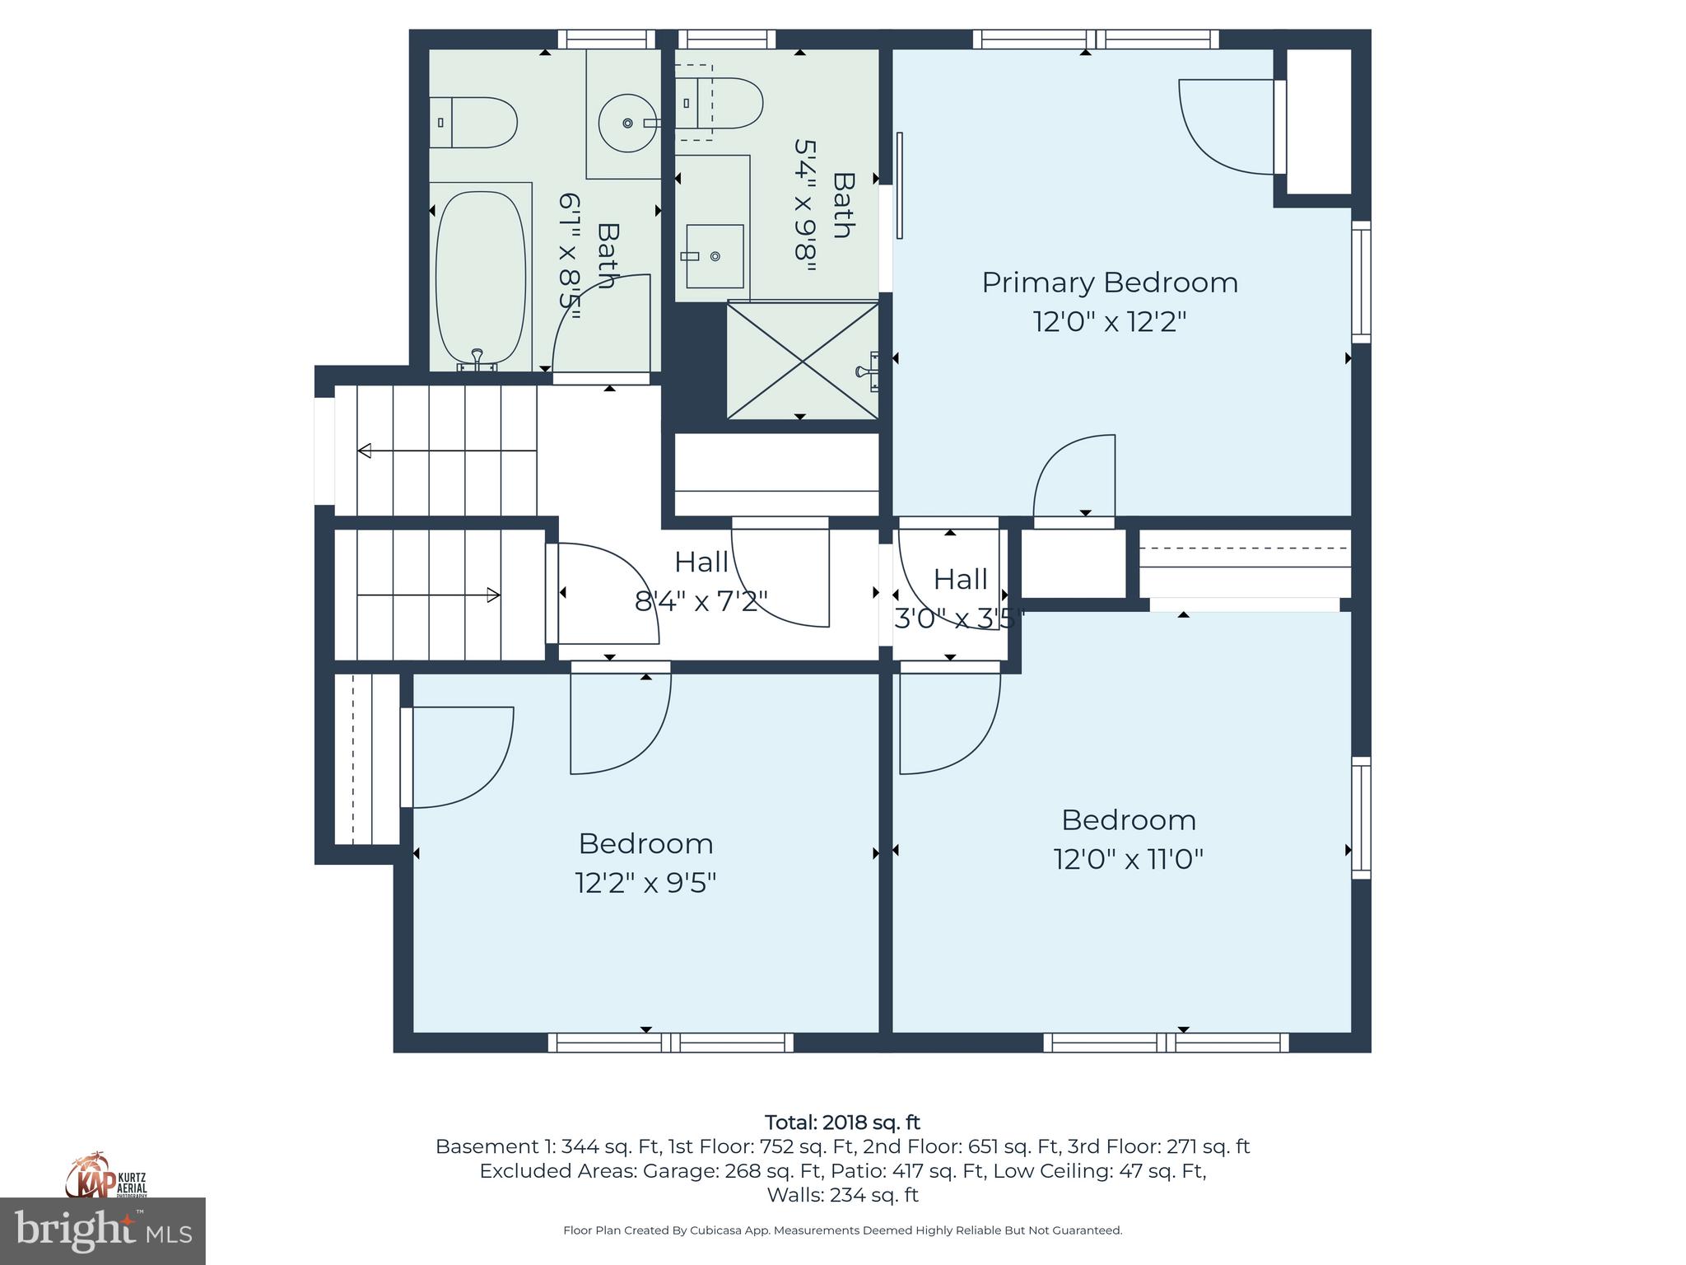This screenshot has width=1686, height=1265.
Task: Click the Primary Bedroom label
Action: coord(1109,282)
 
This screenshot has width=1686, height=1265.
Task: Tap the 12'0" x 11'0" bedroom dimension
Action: coord(1128,860)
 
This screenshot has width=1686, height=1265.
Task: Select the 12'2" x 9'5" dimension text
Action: coord(645,883)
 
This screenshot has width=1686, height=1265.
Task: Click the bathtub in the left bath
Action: coord(480,280)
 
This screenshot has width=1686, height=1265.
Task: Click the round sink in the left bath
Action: coord(626,123)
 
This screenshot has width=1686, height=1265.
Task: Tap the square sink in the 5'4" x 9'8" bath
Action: coord(714,256)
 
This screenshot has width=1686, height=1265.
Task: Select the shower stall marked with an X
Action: coord(803,361)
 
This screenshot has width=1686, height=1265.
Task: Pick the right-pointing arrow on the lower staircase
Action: coord(492,595)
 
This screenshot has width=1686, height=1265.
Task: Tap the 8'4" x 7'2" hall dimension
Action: coord(701,601)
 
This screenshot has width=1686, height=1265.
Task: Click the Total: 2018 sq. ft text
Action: coord(842,1123)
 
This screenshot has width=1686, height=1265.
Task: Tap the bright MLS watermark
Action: coord(103,1231)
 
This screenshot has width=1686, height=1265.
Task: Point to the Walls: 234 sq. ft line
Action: coord(842,1194)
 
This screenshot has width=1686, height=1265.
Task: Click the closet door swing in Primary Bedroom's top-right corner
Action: coord(1227,128)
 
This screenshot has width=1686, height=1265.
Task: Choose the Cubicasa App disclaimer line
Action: coord(842,1230)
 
